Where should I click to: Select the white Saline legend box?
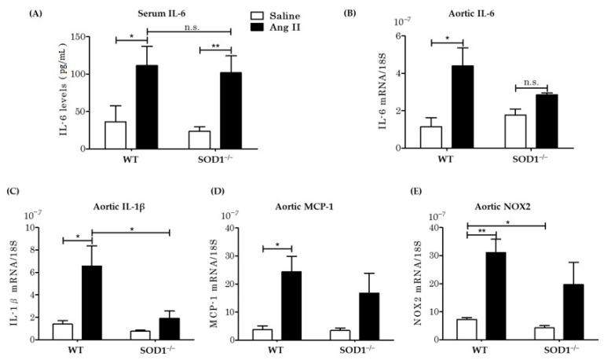click(255, 14)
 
